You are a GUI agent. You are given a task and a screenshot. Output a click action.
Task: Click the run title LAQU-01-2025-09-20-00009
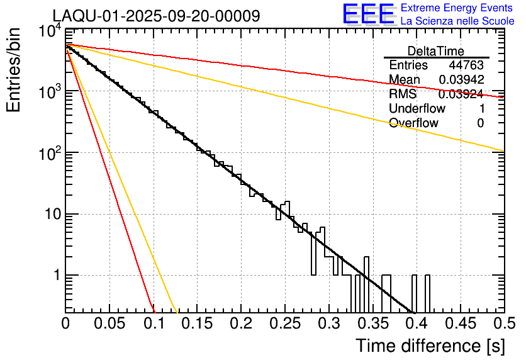pos(156,16)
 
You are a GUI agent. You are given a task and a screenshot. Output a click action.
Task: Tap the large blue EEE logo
pos(368,15)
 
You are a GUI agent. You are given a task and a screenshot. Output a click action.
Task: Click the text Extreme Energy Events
pos(457,8)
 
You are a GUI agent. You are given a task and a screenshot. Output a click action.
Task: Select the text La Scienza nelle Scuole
pos(457,21)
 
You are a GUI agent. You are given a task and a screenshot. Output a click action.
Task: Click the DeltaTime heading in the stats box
pos(436,51)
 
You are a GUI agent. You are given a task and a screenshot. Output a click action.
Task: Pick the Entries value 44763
pos(466,65)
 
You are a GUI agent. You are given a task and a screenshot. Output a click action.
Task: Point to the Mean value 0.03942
pos(461,80)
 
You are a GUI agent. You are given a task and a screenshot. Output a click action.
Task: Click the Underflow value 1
pos(481,108)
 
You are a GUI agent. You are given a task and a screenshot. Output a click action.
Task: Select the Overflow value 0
pos(480,123)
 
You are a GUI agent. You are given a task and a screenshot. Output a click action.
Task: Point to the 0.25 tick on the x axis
pos(285,323)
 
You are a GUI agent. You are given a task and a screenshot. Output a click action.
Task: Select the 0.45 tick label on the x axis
pos(460,323)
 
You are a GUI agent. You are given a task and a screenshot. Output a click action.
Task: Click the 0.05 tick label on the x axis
pos(109,323)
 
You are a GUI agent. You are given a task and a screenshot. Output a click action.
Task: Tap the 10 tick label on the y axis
pos(50,215)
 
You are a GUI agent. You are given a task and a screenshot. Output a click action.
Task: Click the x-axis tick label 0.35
pos(372,323)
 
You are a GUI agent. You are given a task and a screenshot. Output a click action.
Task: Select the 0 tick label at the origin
pos(65,323)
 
